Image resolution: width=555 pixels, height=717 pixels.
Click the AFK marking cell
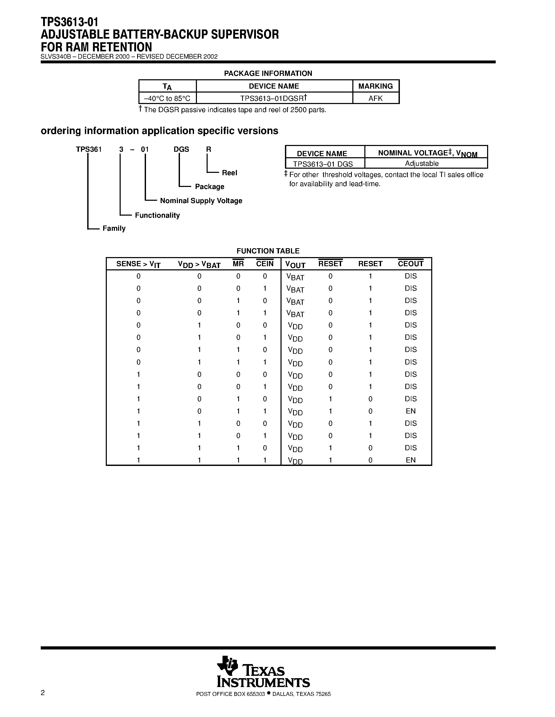[376, 98]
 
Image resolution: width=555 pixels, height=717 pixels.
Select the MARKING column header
[376, 86]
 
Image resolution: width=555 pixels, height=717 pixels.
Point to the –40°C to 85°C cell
[167, 98]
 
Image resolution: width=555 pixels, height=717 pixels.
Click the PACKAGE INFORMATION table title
[268, 73]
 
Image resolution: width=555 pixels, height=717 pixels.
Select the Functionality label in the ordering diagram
[157, 215]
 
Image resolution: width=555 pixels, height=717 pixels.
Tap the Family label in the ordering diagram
[114, 228]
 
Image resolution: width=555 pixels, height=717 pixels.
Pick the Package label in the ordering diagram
[209, 186]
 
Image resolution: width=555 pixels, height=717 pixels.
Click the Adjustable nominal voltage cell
[422, 163]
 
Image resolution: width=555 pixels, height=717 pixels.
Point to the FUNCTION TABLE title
[268, 251]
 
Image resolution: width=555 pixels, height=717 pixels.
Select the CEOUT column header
[410, 264]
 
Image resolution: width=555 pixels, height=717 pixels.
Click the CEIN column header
[265, 264]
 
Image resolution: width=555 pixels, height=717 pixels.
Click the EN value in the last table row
[410, 460]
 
